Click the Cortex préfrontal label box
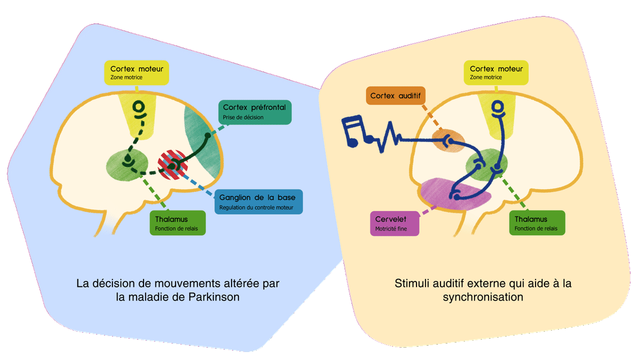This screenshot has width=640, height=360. [x=255, y=111]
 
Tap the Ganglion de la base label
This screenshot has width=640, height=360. [x=258, y=202]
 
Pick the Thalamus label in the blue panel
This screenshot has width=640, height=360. [x=178, y=223]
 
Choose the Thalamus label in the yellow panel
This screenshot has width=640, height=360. [x=537, y=223]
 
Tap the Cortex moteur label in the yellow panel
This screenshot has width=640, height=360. [x=496, y=73]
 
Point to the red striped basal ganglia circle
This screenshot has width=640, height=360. [x=172, y=165]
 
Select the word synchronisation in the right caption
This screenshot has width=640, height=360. [x=483, y=297]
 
